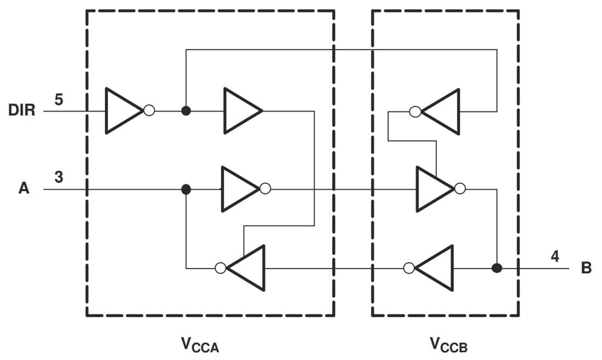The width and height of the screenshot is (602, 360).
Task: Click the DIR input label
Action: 22,111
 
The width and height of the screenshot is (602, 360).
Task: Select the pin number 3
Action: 59,177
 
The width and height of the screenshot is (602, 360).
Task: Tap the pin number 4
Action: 554,256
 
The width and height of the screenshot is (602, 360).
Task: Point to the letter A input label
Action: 24,189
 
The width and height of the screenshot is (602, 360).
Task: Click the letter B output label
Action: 586,269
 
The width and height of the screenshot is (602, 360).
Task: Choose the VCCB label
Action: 448,344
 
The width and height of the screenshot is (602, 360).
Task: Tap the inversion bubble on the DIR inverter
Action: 149,111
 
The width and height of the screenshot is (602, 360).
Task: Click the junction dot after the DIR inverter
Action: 186,111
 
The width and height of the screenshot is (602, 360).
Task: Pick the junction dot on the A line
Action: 186,189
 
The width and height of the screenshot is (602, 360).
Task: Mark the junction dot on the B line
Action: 497,268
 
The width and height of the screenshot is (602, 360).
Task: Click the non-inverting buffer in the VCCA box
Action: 241,111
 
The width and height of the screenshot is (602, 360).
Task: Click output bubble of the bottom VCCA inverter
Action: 221,268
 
